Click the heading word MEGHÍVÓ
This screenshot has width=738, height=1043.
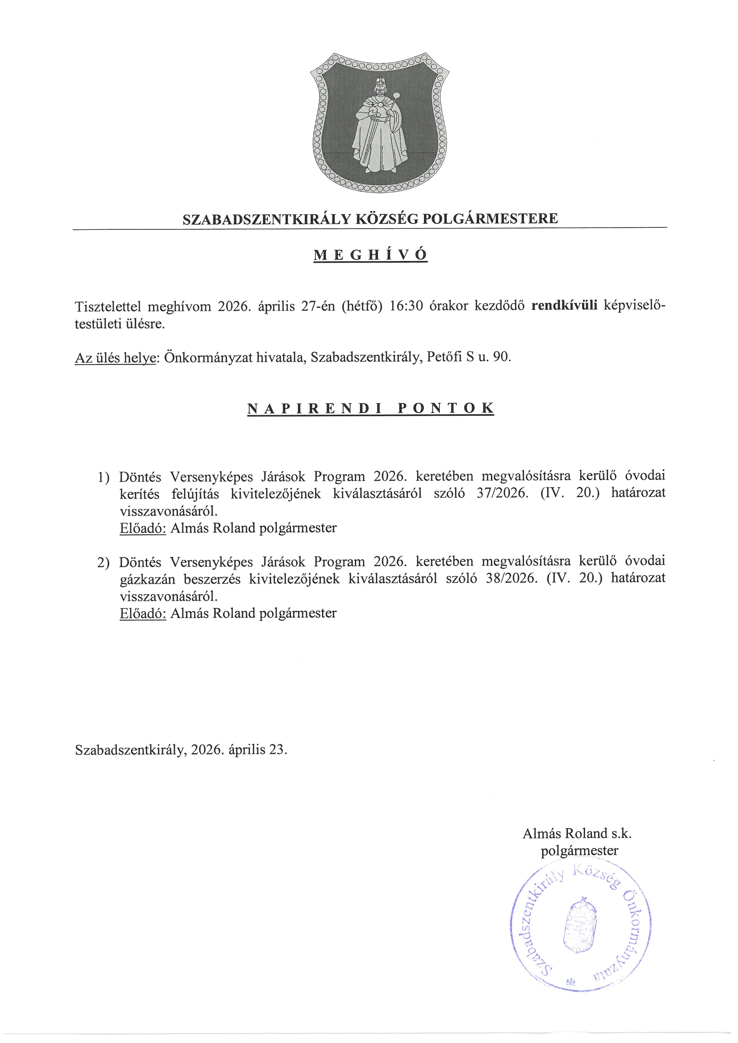tap(370, 255)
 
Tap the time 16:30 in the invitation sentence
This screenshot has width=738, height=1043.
tap(407, 306)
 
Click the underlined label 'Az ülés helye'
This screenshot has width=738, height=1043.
tap(115, 358)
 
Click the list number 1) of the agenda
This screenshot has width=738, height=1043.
tap(103, 477)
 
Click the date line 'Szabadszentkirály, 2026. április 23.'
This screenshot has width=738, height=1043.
tap(181, 749)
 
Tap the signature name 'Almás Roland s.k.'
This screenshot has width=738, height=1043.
tap(577, 834)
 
